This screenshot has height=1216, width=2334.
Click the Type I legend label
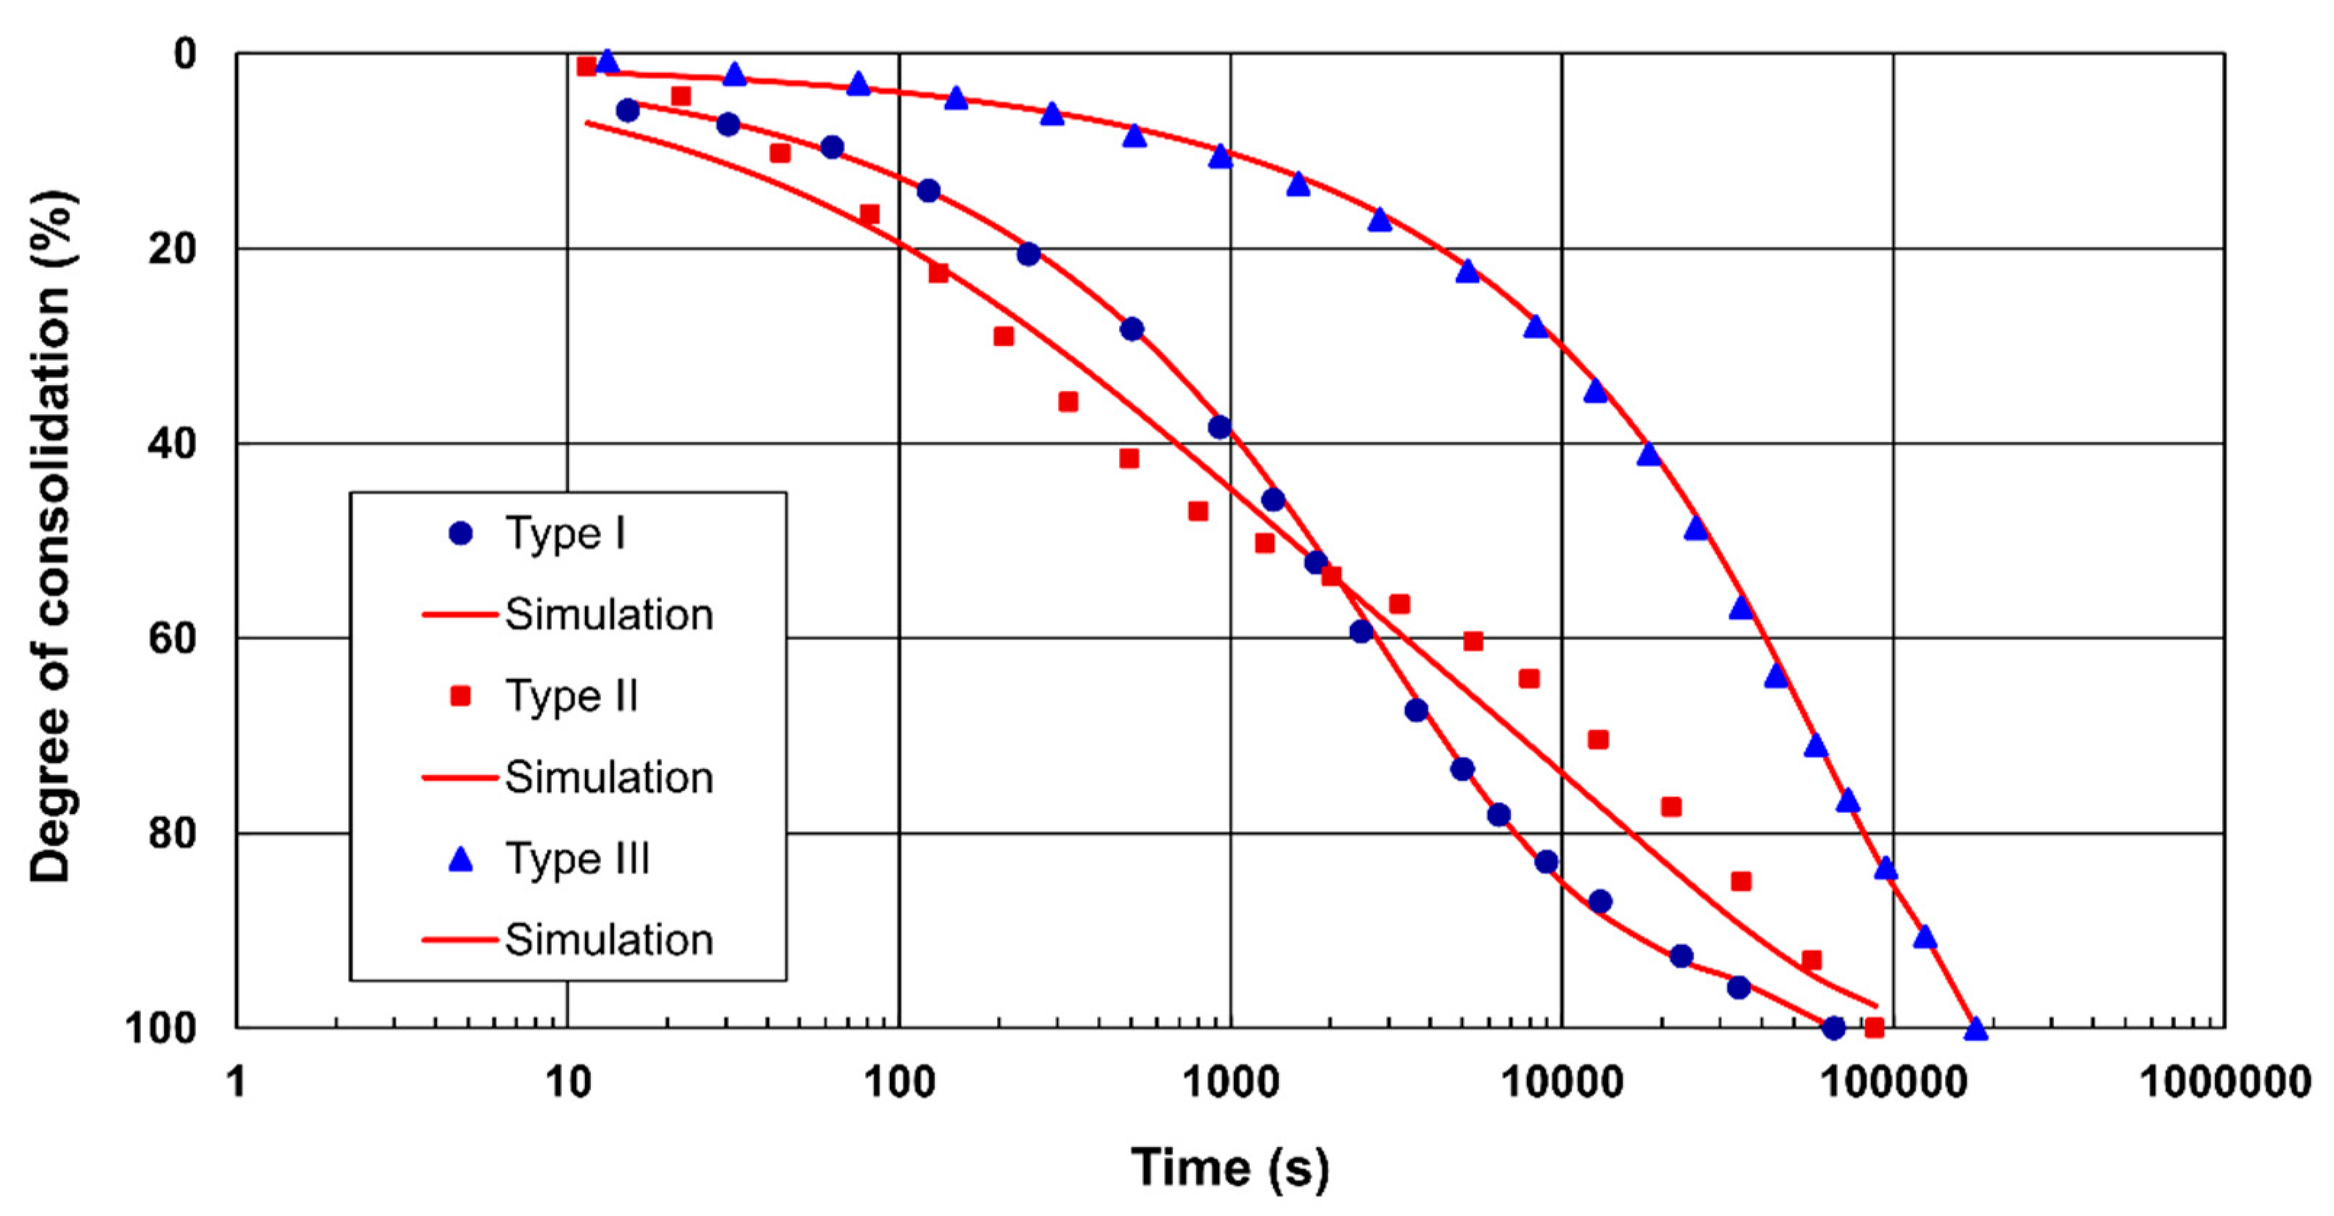pyautogui.click(x=565, y=534)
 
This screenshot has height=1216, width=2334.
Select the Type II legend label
pyautogui.click(x=571, y=697)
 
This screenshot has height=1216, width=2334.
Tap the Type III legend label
pyautogui.click(x=577, y=859)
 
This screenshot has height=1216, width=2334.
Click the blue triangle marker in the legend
pyautogui.click(x=461, y=859)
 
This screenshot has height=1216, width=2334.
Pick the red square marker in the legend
pyautogui.click(x=461, y=696)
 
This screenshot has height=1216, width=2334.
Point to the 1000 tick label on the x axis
pyautogui.click(x=1229, y=1082)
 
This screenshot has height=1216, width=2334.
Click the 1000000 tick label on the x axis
pyautogui.click(x=2224, y=1082)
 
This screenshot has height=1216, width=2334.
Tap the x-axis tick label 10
pyautogui.click(x=568, y=1082)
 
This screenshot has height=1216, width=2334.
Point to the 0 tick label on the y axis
pyautogui.click(x=185, y=54)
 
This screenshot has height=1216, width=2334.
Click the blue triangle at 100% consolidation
pyautogui.click(x=1976, y=1027)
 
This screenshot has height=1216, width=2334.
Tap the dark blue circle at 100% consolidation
pyautogui.click(x=1833, y=1027)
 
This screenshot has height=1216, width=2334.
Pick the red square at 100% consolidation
pyautogui.click(x=1875, y=1027)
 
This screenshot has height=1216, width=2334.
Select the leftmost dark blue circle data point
pyautogui.click(x=627, y=110)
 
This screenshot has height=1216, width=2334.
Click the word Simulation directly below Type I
pyautogui.click(x=608, y=615)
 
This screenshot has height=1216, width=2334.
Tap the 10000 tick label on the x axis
pyautogui.click(x=1561, y=1082)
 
